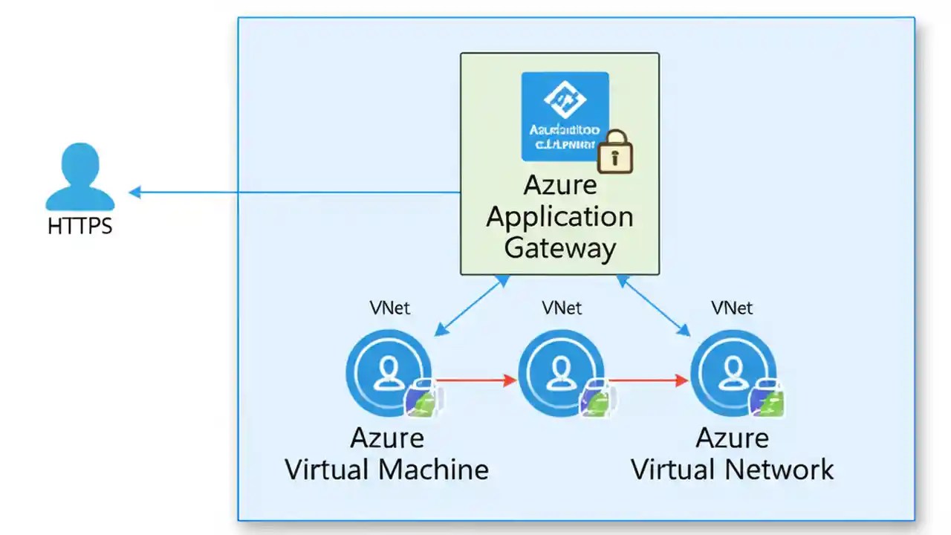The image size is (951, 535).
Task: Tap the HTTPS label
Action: (x=80, y=226)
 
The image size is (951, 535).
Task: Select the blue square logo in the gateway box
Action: (x=565, y=116)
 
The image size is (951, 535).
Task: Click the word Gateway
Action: (x=560, y=248)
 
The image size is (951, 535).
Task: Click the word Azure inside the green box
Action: (x=560, y=186)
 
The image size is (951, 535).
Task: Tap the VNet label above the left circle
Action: (x=390, y=308)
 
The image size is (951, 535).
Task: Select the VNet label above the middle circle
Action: (x=562, y=308)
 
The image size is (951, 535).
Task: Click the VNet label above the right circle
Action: (x=733, y=308)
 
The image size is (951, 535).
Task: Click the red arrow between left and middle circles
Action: (x=475, y=380)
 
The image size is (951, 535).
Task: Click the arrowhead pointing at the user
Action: (x=134, y=192)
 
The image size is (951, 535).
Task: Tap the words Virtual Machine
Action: (x=387, y=470)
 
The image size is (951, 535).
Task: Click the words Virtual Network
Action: (x=733, y=470)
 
